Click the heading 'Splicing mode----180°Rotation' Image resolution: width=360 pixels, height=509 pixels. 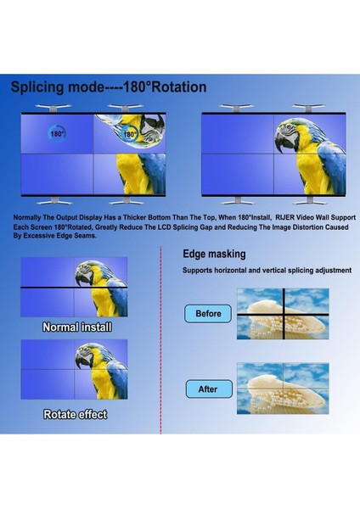click(108, 87)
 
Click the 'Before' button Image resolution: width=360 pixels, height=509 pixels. click(208, 314)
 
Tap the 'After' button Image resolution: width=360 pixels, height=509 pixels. click(208, 389)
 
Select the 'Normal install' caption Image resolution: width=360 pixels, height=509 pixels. click(76, 327)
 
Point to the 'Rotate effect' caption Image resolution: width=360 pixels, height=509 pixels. click(76, 415)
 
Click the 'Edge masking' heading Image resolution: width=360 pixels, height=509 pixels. click(214, 254)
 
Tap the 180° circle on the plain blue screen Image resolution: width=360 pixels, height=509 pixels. click(58, 134)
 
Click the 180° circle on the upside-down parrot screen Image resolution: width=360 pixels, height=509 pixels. click(129, 134)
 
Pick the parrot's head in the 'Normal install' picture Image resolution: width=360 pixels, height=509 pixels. click(87, 274)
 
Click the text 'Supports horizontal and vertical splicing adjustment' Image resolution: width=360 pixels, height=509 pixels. click(267, 271)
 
